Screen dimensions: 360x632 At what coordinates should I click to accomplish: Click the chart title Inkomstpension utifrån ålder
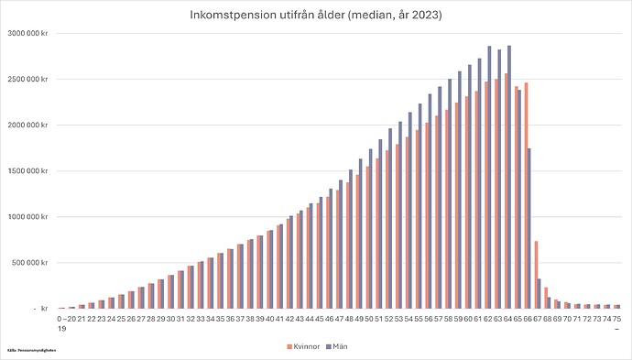(315, 16)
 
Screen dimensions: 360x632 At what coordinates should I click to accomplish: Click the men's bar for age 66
(529, 228)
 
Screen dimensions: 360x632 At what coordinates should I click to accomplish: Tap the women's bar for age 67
(536, 274)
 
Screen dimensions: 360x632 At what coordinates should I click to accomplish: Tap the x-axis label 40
(270, 318)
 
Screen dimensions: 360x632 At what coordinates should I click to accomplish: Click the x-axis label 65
(518, 318)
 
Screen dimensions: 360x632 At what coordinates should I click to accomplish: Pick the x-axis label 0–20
(63, 318)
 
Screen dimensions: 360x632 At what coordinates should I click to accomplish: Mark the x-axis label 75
(617, 318)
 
